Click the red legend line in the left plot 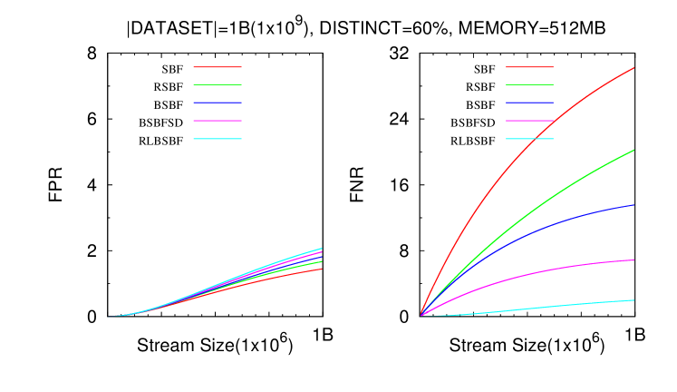218,67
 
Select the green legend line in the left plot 218,84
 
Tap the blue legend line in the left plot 218,103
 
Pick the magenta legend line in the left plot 218,121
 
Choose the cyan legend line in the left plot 218,139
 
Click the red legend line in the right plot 529,67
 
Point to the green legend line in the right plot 529,84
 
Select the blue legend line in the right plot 529,103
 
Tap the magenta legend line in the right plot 529,121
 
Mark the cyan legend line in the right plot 529,139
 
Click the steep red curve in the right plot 508,167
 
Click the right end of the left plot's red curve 321,269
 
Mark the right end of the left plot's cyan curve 321,249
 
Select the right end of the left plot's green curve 321,261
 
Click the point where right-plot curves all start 421,316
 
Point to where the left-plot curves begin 110,317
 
